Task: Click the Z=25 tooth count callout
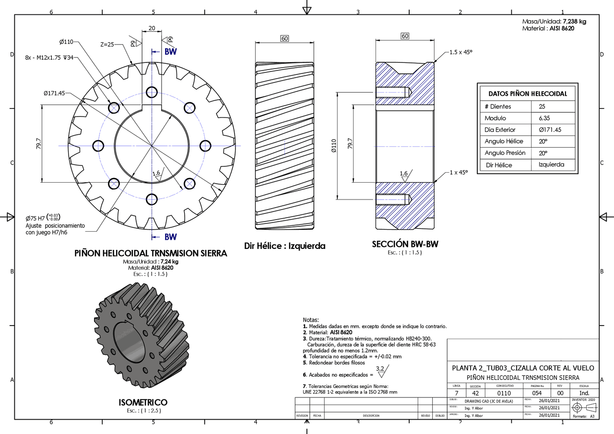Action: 107,44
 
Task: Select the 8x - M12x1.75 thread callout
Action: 49,58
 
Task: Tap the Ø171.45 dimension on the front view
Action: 54,93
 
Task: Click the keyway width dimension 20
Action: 152,28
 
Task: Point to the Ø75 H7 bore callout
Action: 43,217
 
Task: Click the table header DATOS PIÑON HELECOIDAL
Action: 527,94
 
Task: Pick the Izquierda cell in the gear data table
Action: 548,165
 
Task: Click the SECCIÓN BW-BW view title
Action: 405,244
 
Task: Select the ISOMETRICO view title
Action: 143,402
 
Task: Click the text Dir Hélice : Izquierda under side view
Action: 284,246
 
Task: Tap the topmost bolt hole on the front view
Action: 152,92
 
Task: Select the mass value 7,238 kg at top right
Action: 574,22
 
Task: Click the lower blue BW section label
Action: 170,237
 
